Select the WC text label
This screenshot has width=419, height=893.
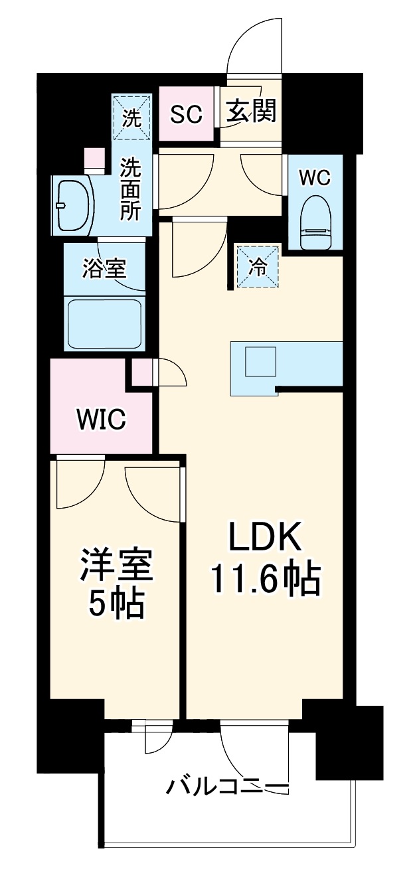click(315, 177)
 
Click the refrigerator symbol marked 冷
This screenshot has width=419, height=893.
click(258, 267)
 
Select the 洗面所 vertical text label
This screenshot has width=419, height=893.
click(131, 189)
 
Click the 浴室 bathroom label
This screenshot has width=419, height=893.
click(104, 270)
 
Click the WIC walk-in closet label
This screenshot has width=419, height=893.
click(101, 420)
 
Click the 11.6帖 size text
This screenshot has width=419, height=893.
click(266, 580)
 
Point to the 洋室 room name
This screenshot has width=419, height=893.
click(116, 566)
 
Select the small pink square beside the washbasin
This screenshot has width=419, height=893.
click(94, 160)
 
